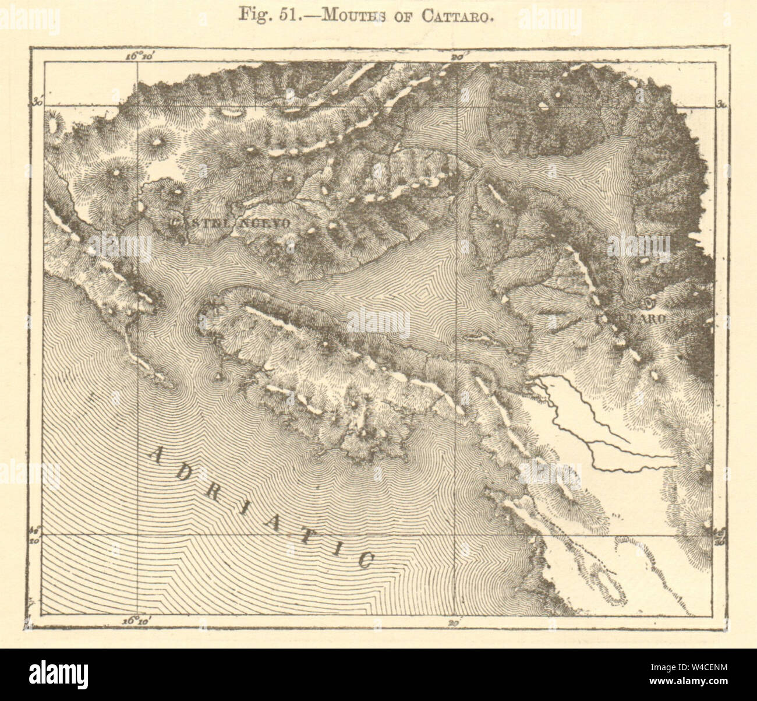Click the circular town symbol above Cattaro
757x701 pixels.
tap(649, 303)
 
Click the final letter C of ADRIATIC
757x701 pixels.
tap(365, 559)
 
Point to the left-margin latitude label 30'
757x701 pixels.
tap(38, 103)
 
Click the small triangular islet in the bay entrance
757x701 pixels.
tap(220, 378)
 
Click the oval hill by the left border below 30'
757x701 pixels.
tap(56, 126)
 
